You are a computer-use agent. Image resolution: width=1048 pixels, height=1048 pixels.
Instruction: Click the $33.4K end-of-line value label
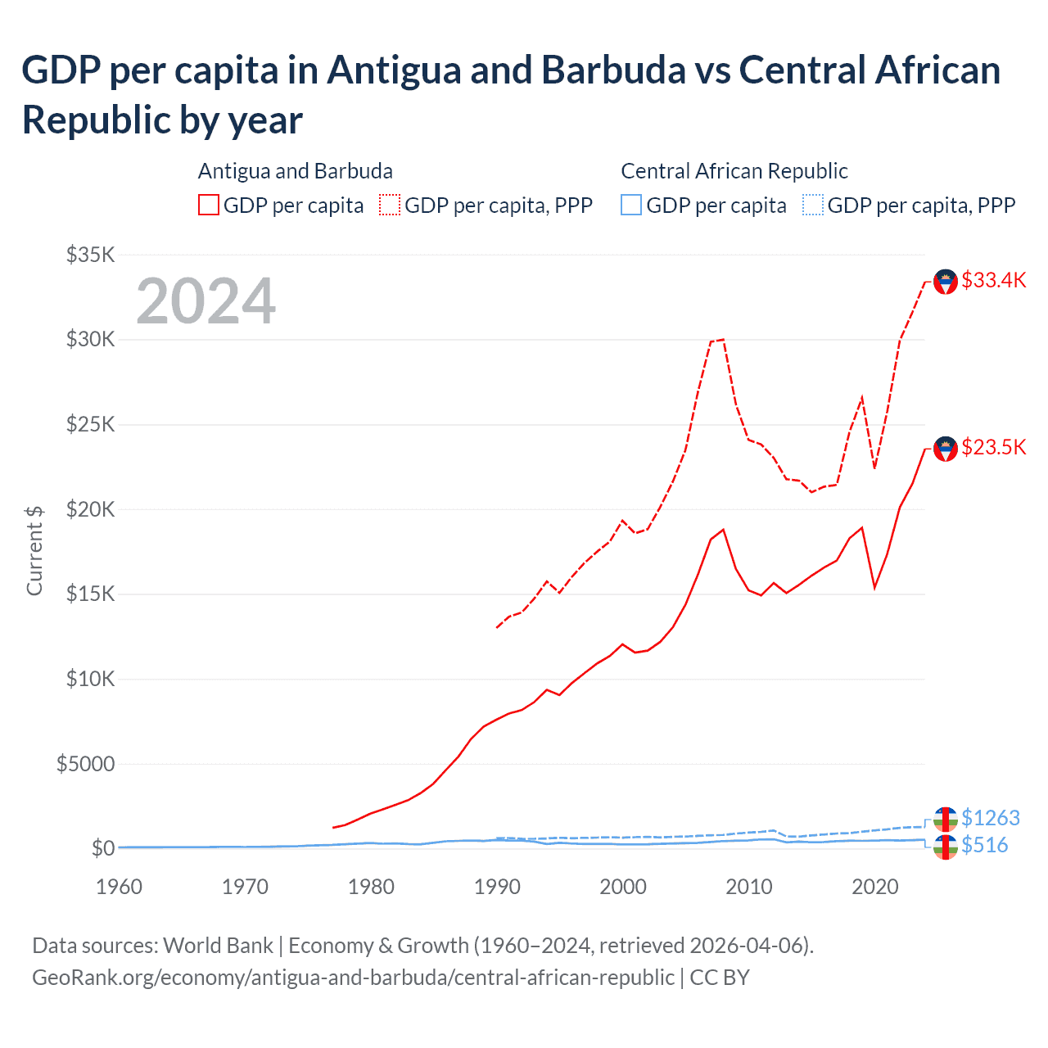[x=993, y=281]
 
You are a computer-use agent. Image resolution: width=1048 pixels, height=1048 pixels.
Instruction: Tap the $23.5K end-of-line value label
[x=993, y=448]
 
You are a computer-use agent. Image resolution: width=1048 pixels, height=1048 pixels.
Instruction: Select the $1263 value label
[x=990, y=818]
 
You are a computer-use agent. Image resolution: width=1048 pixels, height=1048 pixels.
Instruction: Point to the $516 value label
[x=984, y=846]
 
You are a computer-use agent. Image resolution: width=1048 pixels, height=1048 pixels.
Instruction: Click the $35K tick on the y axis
[x=90, y=255]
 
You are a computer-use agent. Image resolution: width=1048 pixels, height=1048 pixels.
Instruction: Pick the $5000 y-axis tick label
[x=85, y=764]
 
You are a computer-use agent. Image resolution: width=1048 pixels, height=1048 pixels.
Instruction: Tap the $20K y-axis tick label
[x=90, y=509]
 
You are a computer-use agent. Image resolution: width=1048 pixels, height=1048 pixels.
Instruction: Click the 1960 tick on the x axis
[x=119, y=888]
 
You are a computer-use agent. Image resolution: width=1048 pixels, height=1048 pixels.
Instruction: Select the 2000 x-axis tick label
[x=623, y=888]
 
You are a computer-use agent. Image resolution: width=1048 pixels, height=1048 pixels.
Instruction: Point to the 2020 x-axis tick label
[x=875, y=888]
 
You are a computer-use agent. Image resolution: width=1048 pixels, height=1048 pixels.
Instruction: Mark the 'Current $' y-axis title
[x=34, y=550]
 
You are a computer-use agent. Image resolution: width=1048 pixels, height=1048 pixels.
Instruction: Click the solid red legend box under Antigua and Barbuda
[x=209, y=205]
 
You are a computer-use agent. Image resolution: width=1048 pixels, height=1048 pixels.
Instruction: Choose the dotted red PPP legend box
[x=390, y=205]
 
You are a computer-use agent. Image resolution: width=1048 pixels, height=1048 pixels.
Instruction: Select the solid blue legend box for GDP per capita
[x=631, y=205]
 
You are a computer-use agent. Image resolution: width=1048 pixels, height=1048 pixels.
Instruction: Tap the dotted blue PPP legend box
[x=812, y=205]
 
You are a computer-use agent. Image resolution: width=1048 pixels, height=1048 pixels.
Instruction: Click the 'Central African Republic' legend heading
[x=734, y=171]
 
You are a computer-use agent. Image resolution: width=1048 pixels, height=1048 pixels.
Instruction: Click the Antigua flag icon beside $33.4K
[x=946, y=282]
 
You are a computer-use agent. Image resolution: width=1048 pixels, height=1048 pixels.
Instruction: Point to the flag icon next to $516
[x=946, y=847]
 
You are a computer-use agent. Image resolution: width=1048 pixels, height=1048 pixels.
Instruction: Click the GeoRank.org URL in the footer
[x=353, y=978]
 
